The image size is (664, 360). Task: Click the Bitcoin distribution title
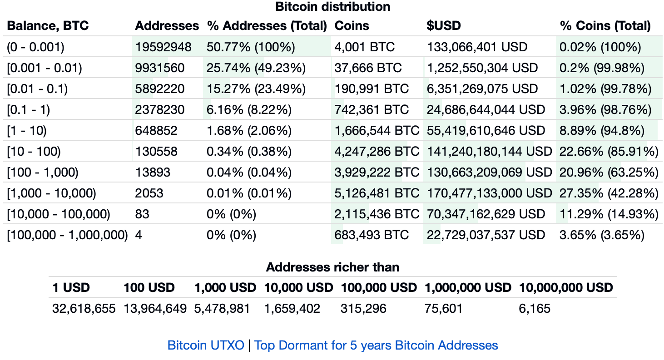tap(332, 7)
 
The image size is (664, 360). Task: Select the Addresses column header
tap(167, 26)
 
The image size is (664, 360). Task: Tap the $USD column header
tap(443, 26)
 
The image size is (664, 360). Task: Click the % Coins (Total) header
tap(605, 26)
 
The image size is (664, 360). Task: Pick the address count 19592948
tap(163, 47)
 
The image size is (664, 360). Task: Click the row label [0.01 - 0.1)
tap(37, 89)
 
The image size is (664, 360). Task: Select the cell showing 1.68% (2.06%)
tap(249, 130)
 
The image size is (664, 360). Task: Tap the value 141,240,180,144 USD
tap(489, 151)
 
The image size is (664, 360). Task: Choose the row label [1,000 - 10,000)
tap(51, 193)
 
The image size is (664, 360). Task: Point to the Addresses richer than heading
tap(332, 267)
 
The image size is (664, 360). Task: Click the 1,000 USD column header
tap(225, 287)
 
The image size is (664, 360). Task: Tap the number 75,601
tap(443, 309)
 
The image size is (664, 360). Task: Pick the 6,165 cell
tap(534, 309)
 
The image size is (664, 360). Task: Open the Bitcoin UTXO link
tap(206, 345)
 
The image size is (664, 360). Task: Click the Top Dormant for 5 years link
tap(376, 345)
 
